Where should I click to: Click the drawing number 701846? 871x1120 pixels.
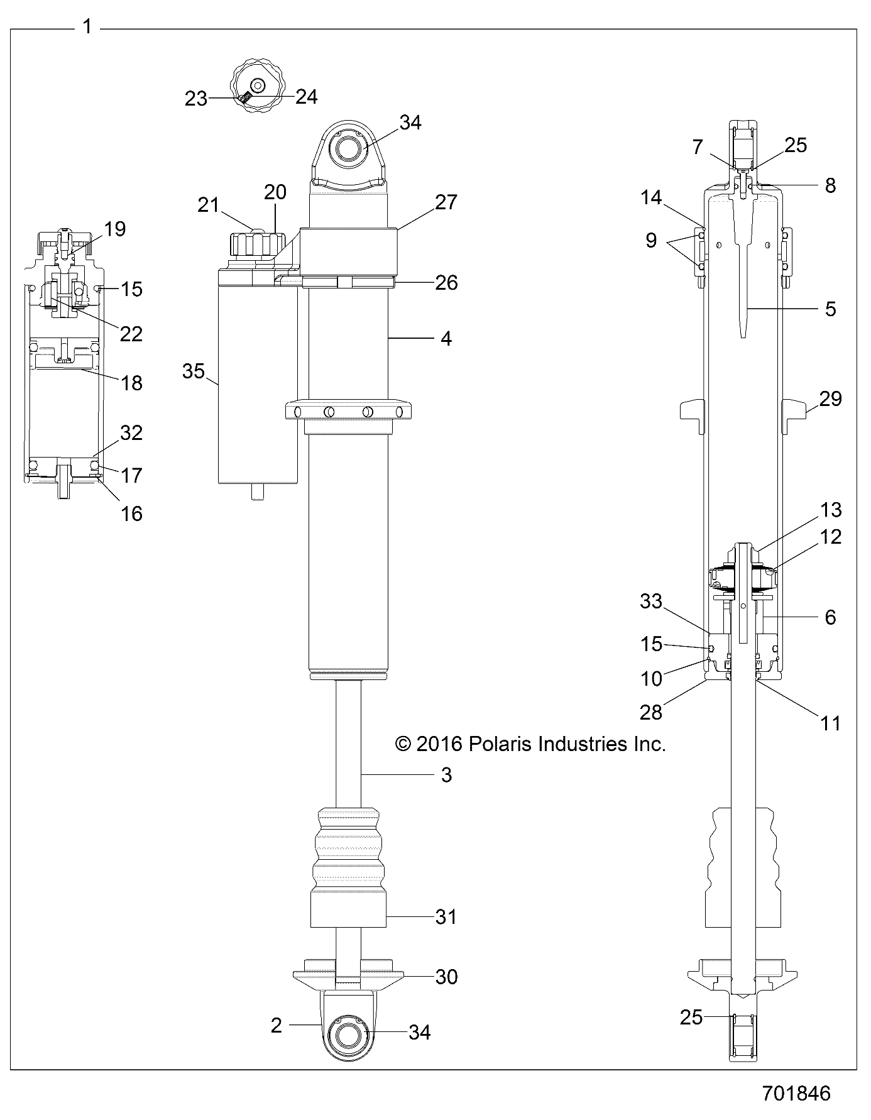[x=796, y=1093]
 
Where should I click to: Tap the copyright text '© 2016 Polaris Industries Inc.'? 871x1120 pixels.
[x=530, y=744]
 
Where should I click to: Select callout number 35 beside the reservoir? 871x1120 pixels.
[x=194, y=371]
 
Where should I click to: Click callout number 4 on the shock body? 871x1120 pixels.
[x=446, y=339]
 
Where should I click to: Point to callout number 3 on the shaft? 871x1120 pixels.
[x=446, y=775]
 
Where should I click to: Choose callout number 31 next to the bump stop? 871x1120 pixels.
[x=446, y=917]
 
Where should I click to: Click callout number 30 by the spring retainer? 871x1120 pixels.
[x=446, y=977]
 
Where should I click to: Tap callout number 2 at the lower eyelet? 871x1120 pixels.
[x=276, y=1025]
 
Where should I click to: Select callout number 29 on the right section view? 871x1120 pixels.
[x=830, y=398]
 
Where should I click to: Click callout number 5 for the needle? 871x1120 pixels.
[x=830, y=309]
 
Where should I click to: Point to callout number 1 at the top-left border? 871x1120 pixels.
[x=87, y=27]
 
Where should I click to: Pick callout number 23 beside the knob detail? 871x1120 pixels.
[x=195, y=99]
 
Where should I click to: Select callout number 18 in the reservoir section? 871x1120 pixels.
[x=131, y=382]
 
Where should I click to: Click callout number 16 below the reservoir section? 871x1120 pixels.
[x=131, y=513]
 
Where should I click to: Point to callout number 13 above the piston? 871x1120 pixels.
[x=830, y=510]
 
